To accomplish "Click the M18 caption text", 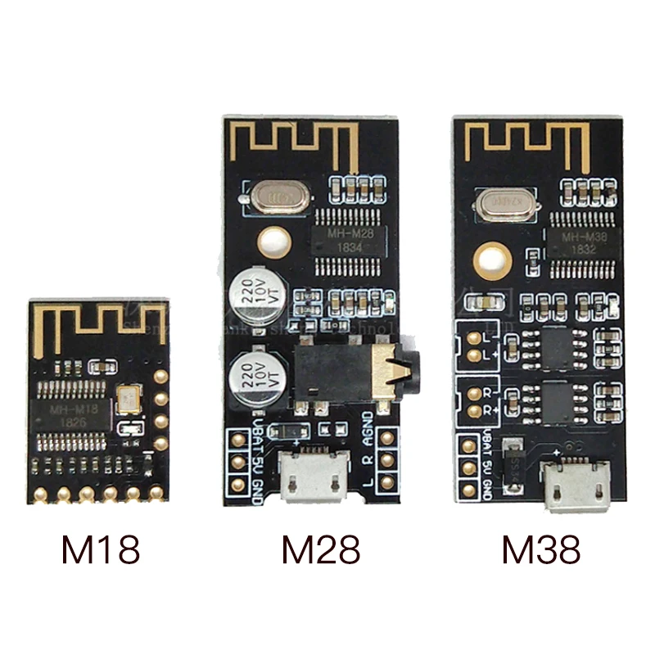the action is click(x=101, y=551).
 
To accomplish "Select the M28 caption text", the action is click(x=320, y=551).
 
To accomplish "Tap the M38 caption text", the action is click(x=541, y=551).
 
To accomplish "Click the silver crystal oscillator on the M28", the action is click(x=276, y=197).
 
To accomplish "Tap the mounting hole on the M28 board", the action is click(x=272, y=242).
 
